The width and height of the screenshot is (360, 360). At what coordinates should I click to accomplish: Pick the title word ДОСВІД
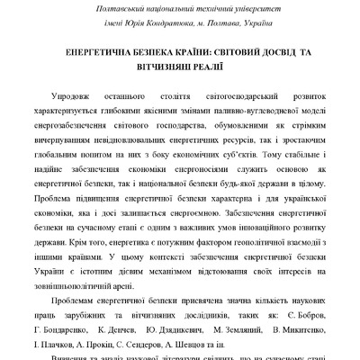(x=281, y=52)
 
